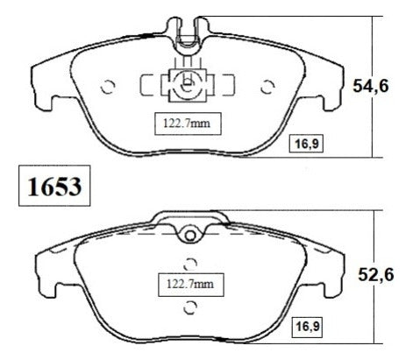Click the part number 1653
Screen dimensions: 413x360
(x=54, y=186)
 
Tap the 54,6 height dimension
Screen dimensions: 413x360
(x=371, y=86)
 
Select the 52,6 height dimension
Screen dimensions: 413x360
(x=376, y=275)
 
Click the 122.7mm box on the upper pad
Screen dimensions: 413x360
(x=188, y=124)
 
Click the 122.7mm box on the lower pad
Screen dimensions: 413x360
(x=191, y=285)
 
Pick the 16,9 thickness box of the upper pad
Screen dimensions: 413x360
(x=306, y=144)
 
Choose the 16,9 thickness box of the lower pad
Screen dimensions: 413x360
(x=308, y=326)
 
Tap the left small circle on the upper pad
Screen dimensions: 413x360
(x=108, y=87)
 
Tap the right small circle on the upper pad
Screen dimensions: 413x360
(x=267, y=87)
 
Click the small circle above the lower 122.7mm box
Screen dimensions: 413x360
(x=190, y=265)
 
